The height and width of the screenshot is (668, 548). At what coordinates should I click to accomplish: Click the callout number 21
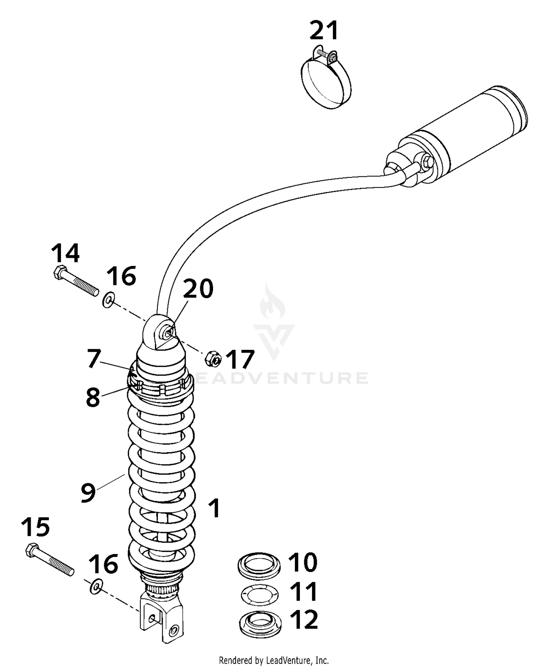(324, 31)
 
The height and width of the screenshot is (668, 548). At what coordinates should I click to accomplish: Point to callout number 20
(198, 289)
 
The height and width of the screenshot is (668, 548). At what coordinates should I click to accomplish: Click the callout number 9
(88, 493)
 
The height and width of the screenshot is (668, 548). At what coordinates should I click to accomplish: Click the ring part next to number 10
(259, 566)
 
